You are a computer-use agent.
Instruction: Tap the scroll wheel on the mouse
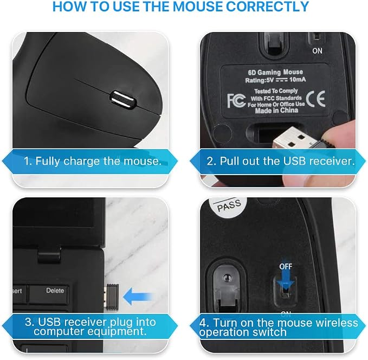tap(122, 100)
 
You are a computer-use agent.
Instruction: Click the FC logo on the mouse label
tap(236, 101)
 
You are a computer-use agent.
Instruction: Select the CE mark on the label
tap(315, 99)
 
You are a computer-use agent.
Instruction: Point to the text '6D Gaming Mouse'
tap(275, 72)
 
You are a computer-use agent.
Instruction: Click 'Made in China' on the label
tap(276, 111)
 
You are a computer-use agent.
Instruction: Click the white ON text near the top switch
tap(317, 51)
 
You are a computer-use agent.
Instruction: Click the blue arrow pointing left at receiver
tap(138, 297)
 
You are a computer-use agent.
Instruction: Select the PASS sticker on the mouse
tap(229, 205)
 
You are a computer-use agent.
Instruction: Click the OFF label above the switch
tap(286, 267)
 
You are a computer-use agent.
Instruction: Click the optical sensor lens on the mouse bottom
tap(227, 278)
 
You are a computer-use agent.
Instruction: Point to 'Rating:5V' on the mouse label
tap(260, 80)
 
